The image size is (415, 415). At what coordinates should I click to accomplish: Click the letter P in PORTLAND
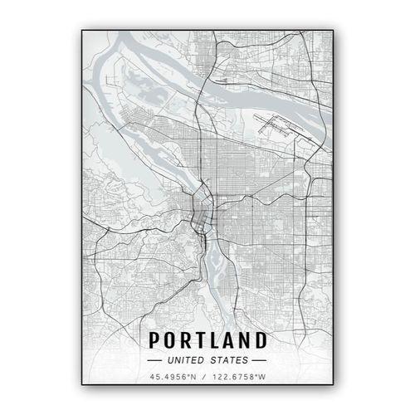(153, 340)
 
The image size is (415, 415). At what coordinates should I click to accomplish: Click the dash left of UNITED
(154, 360)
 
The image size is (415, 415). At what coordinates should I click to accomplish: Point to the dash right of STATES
(259, 360)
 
